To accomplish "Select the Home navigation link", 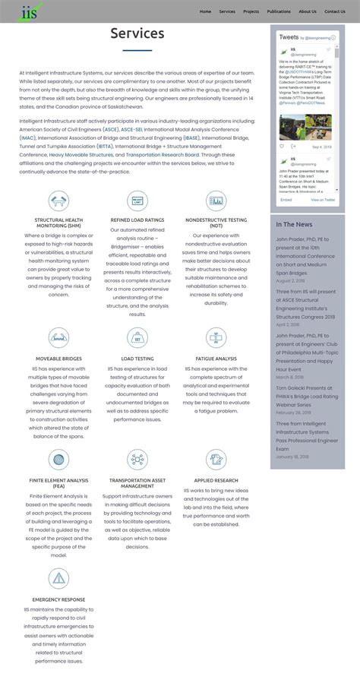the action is pyautogui.click(x=205, y=11).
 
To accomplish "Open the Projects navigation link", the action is pyautogui.click(x=251, y=11).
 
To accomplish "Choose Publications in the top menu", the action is pyautogui.click(x=279, y=11).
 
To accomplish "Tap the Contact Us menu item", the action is pyautogui.click(x=334, y=11).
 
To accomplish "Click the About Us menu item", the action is pyautogui.click(x=308, y=11).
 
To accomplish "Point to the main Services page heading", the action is pyautogui.click(x=137, y=33).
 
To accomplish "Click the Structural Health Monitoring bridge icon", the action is pyautogui.click(x=58, y=201).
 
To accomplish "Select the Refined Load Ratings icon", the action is pyautogui.click(x=137, y=201).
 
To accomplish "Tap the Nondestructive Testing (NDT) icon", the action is pyautogui.click(x=216, y=201).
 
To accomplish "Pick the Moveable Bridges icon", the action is pyautogui.click(x=58, y=338).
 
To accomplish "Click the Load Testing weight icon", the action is pyautogui.click(x=137, y=338).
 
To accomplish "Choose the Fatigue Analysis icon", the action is pyautogui.click(x=216, y=338).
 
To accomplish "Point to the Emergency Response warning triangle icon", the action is pyautogui.click(x=58, y=580).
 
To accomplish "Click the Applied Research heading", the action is pyautogui.click(x=216, y=480).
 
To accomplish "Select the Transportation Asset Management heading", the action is pyautogui.click(x=137, y=483).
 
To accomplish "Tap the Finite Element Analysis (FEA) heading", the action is pyautogui.click(x=58, y=483).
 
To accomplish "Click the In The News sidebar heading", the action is pyautogui.click(x=294, y=224).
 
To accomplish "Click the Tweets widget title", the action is pyautogui.click(x=289, y=36).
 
